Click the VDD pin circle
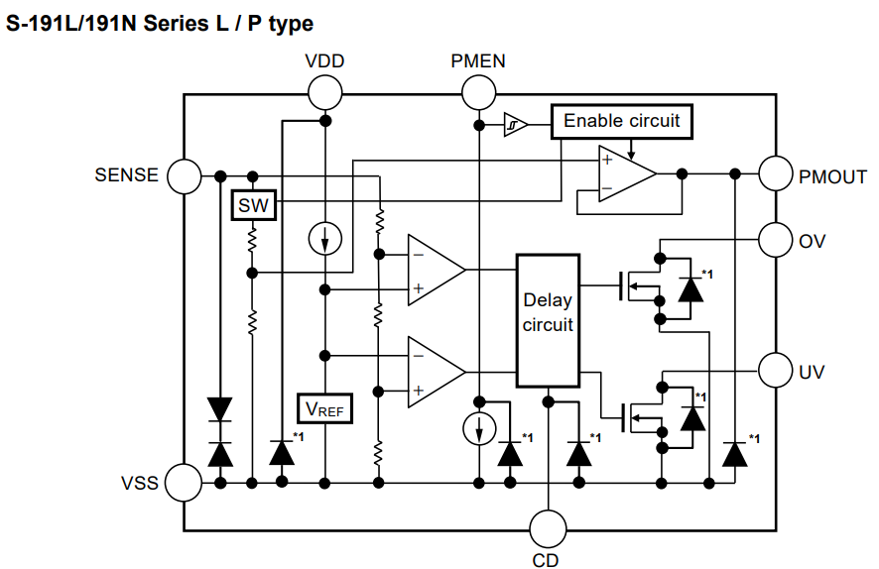click(x=324, y=94)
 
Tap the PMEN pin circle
click(x=478, y=94)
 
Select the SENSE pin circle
click(x=184, y=176)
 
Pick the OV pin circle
click(x=775, y=239)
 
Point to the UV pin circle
click(x=775, y=371)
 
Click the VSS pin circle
click(x=184, y=483)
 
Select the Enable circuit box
click(x=621, y=122)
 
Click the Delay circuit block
click(x=548, y=319)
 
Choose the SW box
click(x=253, y=206)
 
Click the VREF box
click(x=325, y=407)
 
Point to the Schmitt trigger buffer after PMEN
click(x=513, y=124)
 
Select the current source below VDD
click(x=324, y=239)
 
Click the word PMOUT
click(x=832, y=178)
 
